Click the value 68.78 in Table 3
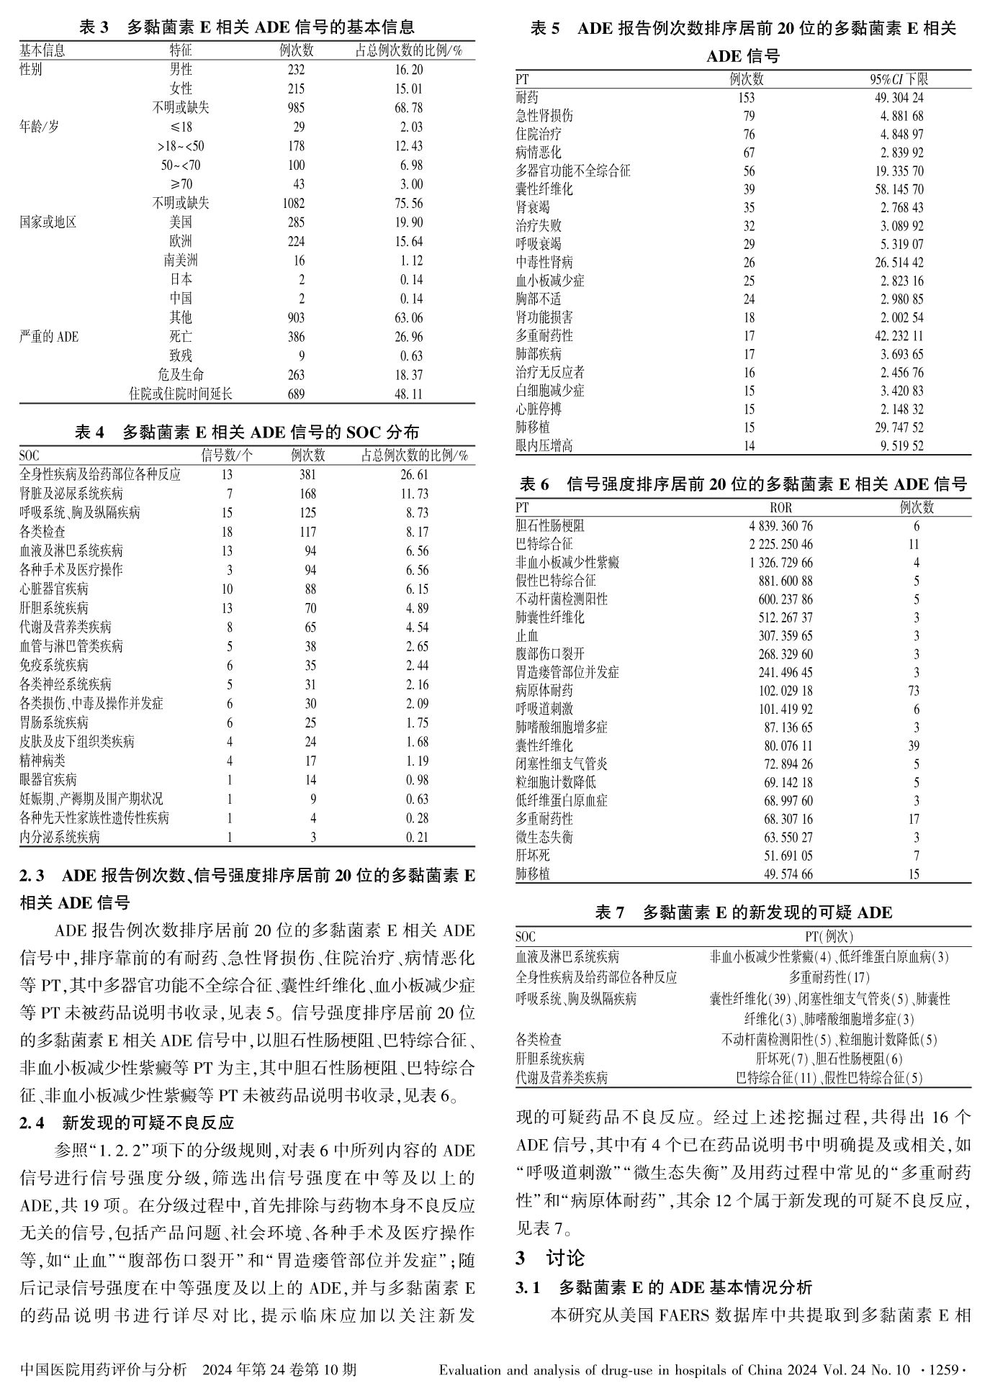click(x=408, y=108)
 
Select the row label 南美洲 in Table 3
click(x=181, y=260)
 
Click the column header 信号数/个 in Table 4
click(x=226, y=455)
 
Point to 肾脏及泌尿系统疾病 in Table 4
click(x=71, y=494)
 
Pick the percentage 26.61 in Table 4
click(x=414, y=475)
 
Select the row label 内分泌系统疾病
click(x=60, y=837)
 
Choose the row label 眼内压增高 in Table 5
click(x=544, y=445)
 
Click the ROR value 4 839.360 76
click(x=780, y=526)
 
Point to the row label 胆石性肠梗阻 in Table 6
click(x=550, y=526)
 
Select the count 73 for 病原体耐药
click(x=913, y=691)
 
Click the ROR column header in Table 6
click(x=780, y=508)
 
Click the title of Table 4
click(x=247, y=432)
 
